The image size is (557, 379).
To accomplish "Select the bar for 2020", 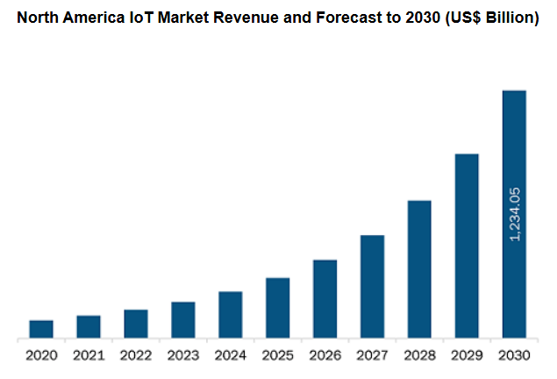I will pos(41,329).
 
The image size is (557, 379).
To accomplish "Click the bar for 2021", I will pos(89,326).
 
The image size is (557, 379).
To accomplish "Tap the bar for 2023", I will pos(183,319).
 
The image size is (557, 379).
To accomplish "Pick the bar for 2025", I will pos(278,308).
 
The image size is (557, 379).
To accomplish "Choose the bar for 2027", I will pos(372,286).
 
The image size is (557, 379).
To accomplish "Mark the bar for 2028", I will pos(419,269).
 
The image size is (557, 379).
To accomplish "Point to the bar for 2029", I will pos(467,246).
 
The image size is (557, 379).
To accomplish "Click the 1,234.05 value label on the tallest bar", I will pos(515,214).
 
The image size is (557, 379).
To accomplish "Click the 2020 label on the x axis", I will pos(41,356).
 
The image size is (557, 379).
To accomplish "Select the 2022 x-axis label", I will pos(136,356).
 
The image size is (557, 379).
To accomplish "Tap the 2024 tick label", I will pos(231,356).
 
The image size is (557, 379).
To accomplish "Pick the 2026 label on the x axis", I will pos(325,356).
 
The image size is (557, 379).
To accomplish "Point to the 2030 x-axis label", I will pos(514,356).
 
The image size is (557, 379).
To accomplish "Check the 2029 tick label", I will pos(467,356).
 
